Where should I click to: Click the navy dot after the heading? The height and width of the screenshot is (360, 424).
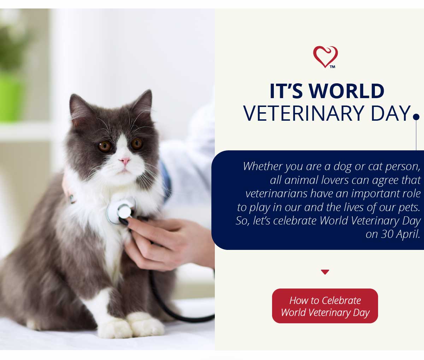[416, 117]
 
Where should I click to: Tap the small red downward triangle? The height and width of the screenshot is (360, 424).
[325, 272]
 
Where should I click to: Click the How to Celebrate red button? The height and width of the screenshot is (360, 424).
[325, 306]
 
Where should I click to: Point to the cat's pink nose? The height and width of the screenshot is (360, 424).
[125, 161]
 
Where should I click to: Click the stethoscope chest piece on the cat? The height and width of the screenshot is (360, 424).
[122, 210]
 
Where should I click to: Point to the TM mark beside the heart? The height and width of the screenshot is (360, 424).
[332, 67]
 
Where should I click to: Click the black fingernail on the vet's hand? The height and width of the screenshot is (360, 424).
[123, 222]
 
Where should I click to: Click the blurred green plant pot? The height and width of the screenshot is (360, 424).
[10, 98]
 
